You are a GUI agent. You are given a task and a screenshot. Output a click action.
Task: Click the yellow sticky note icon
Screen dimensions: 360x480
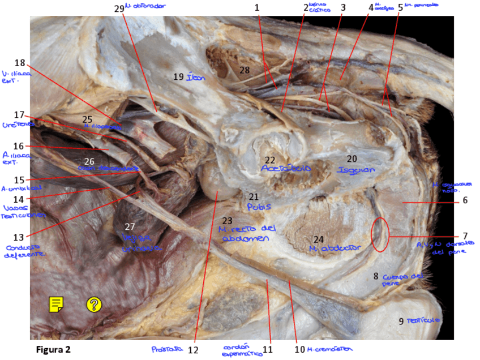pyautogui.click(x=56, y=305)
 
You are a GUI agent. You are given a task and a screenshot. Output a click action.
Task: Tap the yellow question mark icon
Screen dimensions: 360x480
pyautogui.click(x=93, y=305)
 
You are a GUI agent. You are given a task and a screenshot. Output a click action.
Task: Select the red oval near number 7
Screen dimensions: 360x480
pyautogui.click(x=380, y=234)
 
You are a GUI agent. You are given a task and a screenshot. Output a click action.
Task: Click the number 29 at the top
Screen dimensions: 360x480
pyautogui.click(x=118, y=8)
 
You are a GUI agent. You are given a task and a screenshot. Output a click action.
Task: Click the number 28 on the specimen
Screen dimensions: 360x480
pyautogui.click(x=244, y=70)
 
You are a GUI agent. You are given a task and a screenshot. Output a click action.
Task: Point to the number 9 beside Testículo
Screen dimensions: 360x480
pyautogui.click(x=401, y=322)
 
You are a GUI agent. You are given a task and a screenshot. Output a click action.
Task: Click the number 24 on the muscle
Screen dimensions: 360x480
pyautogui.click(x=319, y=239)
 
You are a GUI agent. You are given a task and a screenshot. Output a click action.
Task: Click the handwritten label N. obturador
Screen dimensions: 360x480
pyautogui.click(x=146, y=6)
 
